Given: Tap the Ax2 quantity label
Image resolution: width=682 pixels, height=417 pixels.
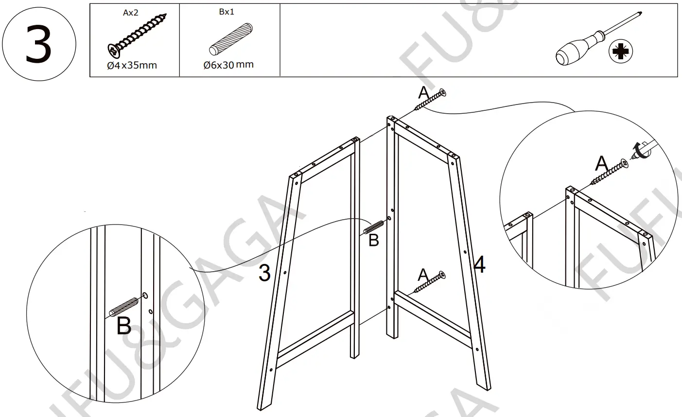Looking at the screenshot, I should pos(130,13).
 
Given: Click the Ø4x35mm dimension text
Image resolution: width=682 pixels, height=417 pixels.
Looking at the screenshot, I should pos(132,66).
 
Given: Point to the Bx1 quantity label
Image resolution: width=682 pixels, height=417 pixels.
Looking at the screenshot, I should pos(227,12).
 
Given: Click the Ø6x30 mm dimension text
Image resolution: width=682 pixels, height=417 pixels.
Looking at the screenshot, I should pos(228,65).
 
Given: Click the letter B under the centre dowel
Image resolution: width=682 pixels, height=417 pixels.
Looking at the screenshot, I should pos(373,240).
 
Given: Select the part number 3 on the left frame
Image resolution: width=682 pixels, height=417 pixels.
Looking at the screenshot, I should pos(264,273).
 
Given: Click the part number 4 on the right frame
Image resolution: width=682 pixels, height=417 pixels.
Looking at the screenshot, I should pos(479,265).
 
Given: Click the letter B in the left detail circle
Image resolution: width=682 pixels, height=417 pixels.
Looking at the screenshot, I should pos(124,326).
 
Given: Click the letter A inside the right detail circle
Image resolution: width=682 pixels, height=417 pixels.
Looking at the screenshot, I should pos(602,164).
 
